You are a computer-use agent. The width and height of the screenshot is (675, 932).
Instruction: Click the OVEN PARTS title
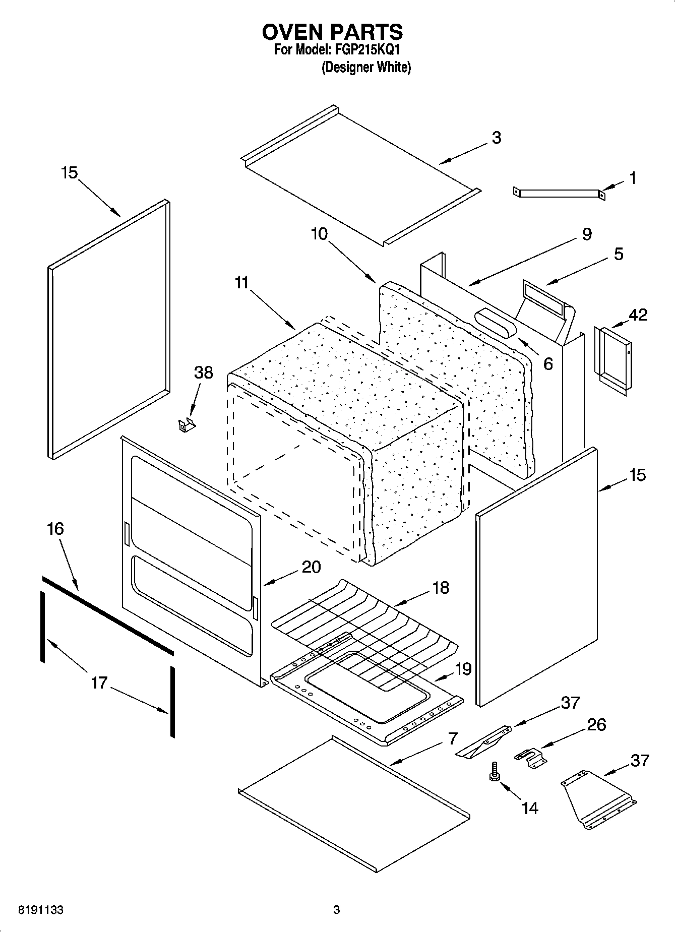coord(332,32)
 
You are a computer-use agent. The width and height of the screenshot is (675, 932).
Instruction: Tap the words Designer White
coord(366,67)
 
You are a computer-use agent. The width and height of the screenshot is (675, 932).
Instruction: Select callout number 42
coord(638,315)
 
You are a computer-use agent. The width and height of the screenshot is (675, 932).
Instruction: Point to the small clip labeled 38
coord(186,424)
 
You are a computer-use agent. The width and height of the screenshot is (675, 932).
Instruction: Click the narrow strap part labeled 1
coord(558,193)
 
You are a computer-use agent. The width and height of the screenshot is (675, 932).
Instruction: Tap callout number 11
coord(242,283)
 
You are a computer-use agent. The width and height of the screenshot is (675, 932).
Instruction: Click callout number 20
coord(311,567)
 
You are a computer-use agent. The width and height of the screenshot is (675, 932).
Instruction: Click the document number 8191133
coord(40,910)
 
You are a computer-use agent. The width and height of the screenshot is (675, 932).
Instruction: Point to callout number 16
coord(55,529)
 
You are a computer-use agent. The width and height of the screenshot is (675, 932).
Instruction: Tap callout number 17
coord(99,683)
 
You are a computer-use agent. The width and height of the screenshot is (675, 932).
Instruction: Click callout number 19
coord(463,669)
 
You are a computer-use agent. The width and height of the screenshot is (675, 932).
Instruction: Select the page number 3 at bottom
coord(336,910)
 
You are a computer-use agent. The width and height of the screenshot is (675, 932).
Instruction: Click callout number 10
coord(319,234)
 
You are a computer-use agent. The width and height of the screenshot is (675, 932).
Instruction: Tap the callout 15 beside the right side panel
coord(637,475)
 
